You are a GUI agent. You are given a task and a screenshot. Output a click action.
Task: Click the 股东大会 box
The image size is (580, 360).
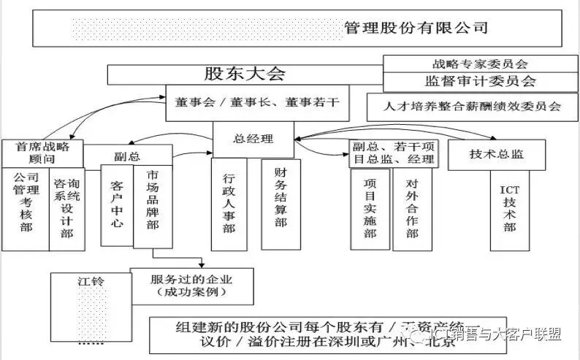[245, 74]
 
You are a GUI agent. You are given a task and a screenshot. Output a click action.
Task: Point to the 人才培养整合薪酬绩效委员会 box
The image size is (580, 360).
[473, 106]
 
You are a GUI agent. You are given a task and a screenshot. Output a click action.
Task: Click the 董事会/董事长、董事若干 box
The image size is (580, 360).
[257, 103]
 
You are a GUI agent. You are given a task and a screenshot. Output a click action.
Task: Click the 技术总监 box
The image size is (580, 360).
[496, 154]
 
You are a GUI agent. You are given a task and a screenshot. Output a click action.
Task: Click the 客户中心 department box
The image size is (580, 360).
[117, 202]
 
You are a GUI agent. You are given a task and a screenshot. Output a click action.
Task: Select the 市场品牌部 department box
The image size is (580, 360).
[153, 202]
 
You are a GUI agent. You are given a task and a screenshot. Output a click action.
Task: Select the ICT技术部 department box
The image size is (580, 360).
[508, 207]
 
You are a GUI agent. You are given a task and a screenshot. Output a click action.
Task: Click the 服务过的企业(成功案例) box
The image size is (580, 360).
[191, 286]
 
